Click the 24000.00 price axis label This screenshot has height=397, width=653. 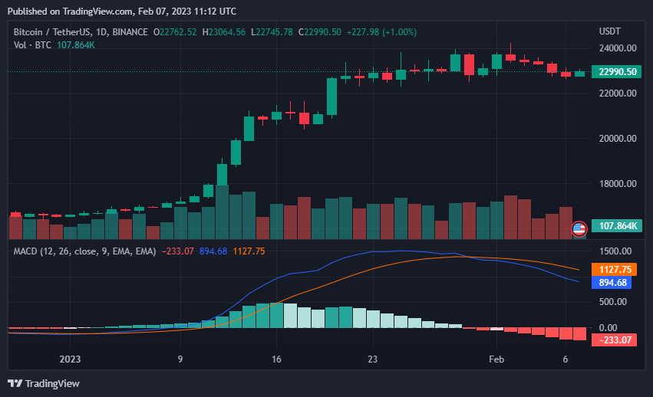click(618, 48)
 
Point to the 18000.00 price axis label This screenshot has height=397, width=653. click(618, 184)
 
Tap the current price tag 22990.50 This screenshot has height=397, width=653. click(618, 72)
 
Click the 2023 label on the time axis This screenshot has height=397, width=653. click(70, 359)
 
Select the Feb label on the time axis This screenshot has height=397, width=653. click(496, 359)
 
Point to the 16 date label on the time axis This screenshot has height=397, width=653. click(277, 359)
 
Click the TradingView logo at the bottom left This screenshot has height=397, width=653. click(44, 383)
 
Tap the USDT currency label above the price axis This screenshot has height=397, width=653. click(610, 31)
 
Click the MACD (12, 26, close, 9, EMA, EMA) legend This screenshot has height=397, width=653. click(84, 251)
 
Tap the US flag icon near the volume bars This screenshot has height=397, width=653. click(579, 228)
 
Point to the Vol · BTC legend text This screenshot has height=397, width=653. click(32, 45)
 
